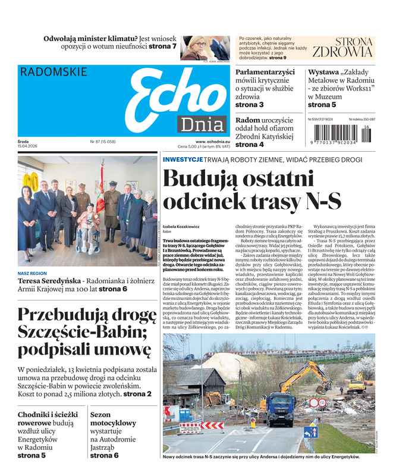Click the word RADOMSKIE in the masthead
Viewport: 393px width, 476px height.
coord(54,72)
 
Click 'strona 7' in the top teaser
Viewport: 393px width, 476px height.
coord(162,46)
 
